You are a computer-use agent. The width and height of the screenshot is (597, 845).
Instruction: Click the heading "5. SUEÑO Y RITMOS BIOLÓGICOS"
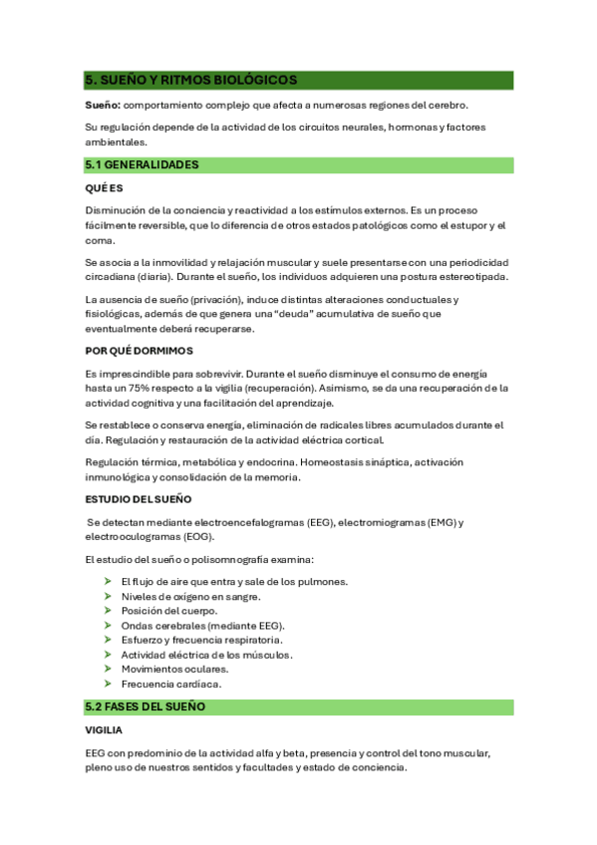point(191,80)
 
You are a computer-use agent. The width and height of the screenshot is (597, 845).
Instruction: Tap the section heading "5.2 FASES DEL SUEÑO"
point(146,706)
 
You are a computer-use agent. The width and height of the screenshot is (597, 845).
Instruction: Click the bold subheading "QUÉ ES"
point(104,187)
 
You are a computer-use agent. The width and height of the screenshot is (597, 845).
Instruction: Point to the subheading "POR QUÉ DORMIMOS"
point(140,351)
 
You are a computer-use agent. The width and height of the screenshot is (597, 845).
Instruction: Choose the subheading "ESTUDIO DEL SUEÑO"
point(139,499)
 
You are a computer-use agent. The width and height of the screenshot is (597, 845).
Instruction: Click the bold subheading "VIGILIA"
point(104,730)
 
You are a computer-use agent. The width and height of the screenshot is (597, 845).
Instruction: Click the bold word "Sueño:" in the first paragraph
point(103,105)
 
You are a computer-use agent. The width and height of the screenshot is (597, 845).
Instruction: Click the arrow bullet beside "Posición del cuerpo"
point(108,611)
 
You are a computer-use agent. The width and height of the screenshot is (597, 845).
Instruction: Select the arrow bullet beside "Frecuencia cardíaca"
point(108,685)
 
